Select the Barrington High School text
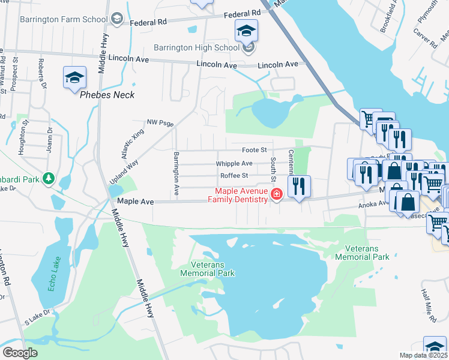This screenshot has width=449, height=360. tap(196, 47)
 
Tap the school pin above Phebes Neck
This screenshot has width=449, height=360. tap(75, 77)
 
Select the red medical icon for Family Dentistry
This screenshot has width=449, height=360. tap(276, 194)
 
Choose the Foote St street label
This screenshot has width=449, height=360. tap(254, 149)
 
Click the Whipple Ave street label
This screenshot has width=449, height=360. tap(234, 163)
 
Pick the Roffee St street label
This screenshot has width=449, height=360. tap(234, 175)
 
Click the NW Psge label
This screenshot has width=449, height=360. tap(160, 124)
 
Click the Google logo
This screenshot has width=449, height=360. tap(20, 353)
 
